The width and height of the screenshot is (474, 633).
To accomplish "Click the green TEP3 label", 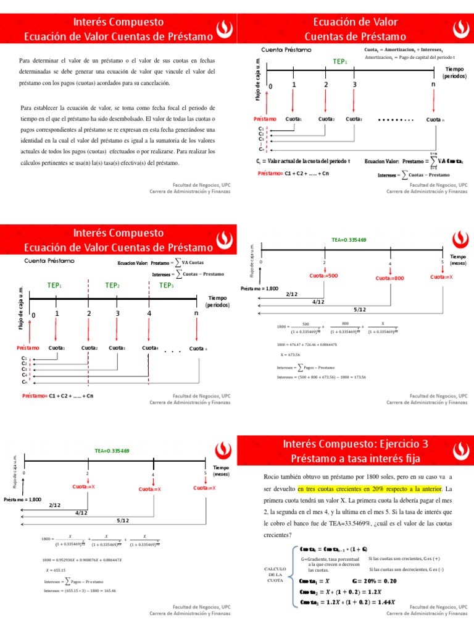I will (167, 285).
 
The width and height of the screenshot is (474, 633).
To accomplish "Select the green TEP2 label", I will (112, 285).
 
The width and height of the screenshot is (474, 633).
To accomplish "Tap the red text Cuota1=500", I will (324, 275).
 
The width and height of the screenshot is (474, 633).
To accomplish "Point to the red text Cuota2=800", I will (389, 278).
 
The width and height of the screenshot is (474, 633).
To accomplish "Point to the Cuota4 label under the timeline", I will (149, 349).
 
